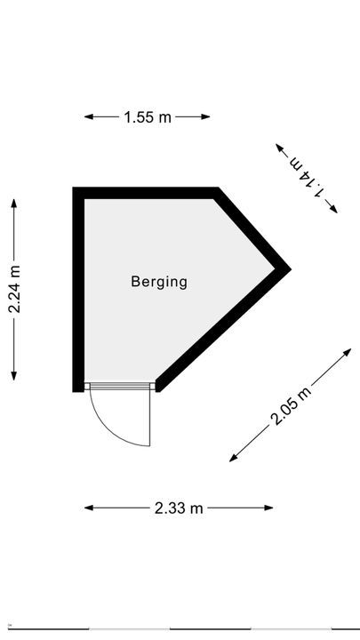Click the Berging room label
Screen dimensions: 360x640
point(159,282)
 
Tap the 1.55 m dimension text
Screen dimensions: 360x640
point(148,117)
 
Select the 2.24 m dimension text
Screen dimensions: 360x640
point(14,290)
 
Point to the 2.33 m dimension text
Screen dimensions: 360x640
point(179,508)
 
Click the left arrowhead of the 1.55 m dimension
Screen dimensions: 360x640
point(88,116)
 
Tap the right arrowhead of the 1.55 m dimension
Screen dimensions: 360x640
point(206,116)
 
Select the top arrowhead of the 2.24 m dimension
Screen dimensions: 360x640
point(14,203)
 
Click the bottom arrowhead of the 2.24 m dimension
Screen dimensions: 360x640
point(14,376)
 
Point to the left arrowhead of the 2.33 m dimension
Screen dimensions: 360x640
point(88,508)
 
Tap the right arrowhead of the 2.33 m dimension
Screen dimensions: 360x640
point(269,508)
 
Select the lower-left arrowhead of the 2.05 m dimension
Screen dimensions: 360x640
point(233,459)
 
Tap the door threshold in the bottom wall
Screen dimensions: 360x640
point(120,386)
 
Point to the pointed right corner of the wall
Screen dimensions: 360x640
point(291,269)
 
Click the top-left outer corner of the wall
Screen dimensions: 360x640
point(73,188)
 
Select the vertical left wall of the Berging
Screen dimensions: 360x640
point(78,290)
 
